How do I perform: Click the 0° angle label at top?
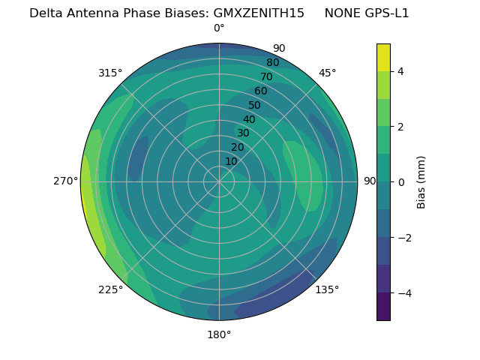tap(219, 28)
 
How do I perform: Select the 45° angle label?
tap(327, 73)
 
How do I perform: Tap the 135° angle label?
tap(327, 289)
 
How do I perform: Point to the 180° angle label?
tap(219, 334)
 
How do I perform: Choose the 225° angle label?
tap(110, 289)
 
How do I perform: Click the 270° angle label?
tap(67, 181)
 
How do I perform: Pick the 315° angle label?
tap(110, 73)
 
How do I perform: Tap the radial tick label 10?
tap(231, 161)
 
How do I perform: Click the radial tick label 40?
tap(249, 119)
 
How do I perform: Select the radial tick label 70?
tap(266, 76)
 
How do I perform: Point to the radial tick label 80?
tap(272, 62)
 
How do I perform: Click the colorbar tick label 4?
tap(400, 71)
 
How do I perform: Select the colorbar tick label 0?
tap(400, 182)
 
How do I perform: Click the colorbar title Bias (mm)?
tap(421, 182)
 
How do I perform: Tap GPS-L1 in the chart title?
tap(384, 13)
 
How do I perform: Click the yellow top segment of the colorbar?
tap(383, 57)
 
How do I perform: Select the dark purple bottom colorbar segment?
tap(383, 307)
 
